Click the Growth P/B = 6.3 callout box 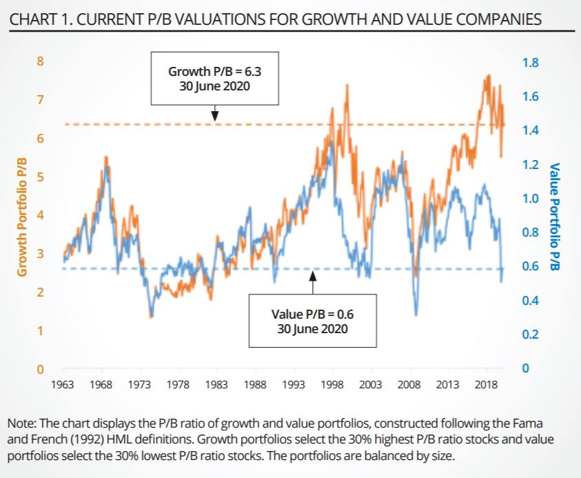(214, 78)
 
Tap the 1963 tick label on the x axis (63, 384)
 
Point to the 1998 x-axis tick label (333, 384)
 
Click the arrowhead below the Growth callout (215, 115)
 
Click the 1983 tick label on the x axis (217, 384)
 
